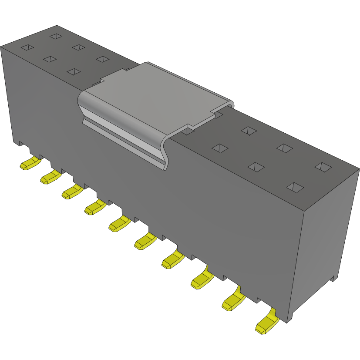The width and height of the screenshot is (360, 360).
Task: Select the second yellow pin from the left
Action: point(50,177)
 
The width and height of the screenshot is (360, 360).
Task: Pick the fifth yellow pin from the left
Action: point(119,225)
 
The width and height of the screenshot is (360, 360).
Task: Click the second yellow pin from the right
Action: point(232,300)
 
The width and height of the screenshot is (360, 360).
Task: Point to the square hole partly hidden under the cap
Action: point(188,129)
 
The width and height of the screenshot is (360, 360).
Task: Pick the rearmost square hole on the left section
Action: point(56,36)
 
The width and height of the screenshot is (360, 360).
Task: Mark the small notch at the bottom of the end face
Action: point(333,278)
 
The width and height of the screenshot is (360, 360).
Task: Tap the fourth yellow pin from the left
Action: point(95,208)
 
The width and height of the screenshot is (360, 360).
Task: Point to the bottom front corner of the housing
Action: point(288,322)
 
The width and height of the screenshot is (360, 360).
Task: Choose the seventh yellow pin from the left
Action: point(172,260)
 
